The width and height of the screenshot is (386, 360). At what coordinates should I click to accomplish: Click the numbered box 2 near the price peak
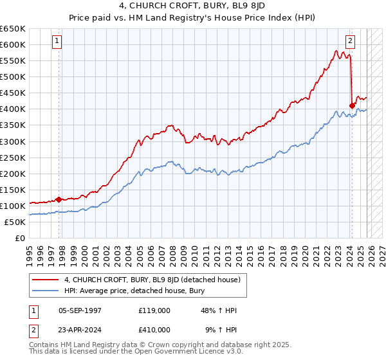pos(350,42)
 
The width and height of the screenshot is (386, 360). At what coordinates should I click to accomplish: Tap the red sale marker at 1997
pos(59,199)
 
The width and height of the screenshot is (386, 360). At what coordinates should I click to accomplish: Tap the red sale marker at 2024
pos(352,105)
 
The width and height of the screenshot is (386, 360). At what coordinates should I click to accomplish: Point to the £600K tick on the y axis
pos(13,44)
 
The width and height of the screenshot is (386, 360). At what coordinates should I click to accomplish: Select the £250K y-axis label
pos(13,157)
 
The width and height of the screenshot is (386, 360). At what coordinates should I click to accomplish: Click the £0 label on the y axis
pos(20,238)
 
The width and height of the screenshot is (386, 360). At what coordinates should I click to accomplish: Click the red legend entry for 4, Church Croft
pos(152,279)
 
